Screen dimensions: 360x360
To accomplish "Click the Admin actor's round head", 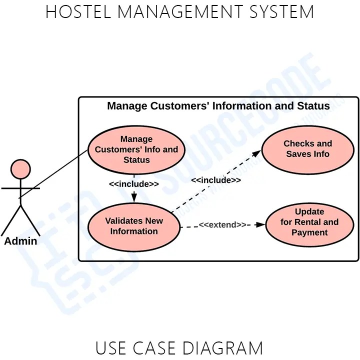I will pos(20,169).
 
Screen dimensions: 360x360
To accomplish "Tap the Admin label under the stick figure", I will pos(20,241).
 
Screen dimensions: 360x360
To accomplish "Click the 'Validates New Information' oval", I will pos(134,226).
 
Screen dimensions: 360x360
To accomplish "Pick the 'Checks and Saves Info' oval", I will pos(307,149).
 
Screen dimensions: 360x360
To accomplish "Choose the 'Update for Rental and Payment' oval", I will pos(309,222).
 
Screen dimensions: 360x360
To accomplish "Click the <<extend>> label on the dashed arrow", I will pos(222,225).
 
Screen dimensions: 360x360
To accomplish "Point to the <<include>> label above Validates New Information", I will pos(134,184).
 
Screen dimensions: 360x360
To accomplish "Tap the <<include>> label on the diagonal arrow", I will pos(216,180).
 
